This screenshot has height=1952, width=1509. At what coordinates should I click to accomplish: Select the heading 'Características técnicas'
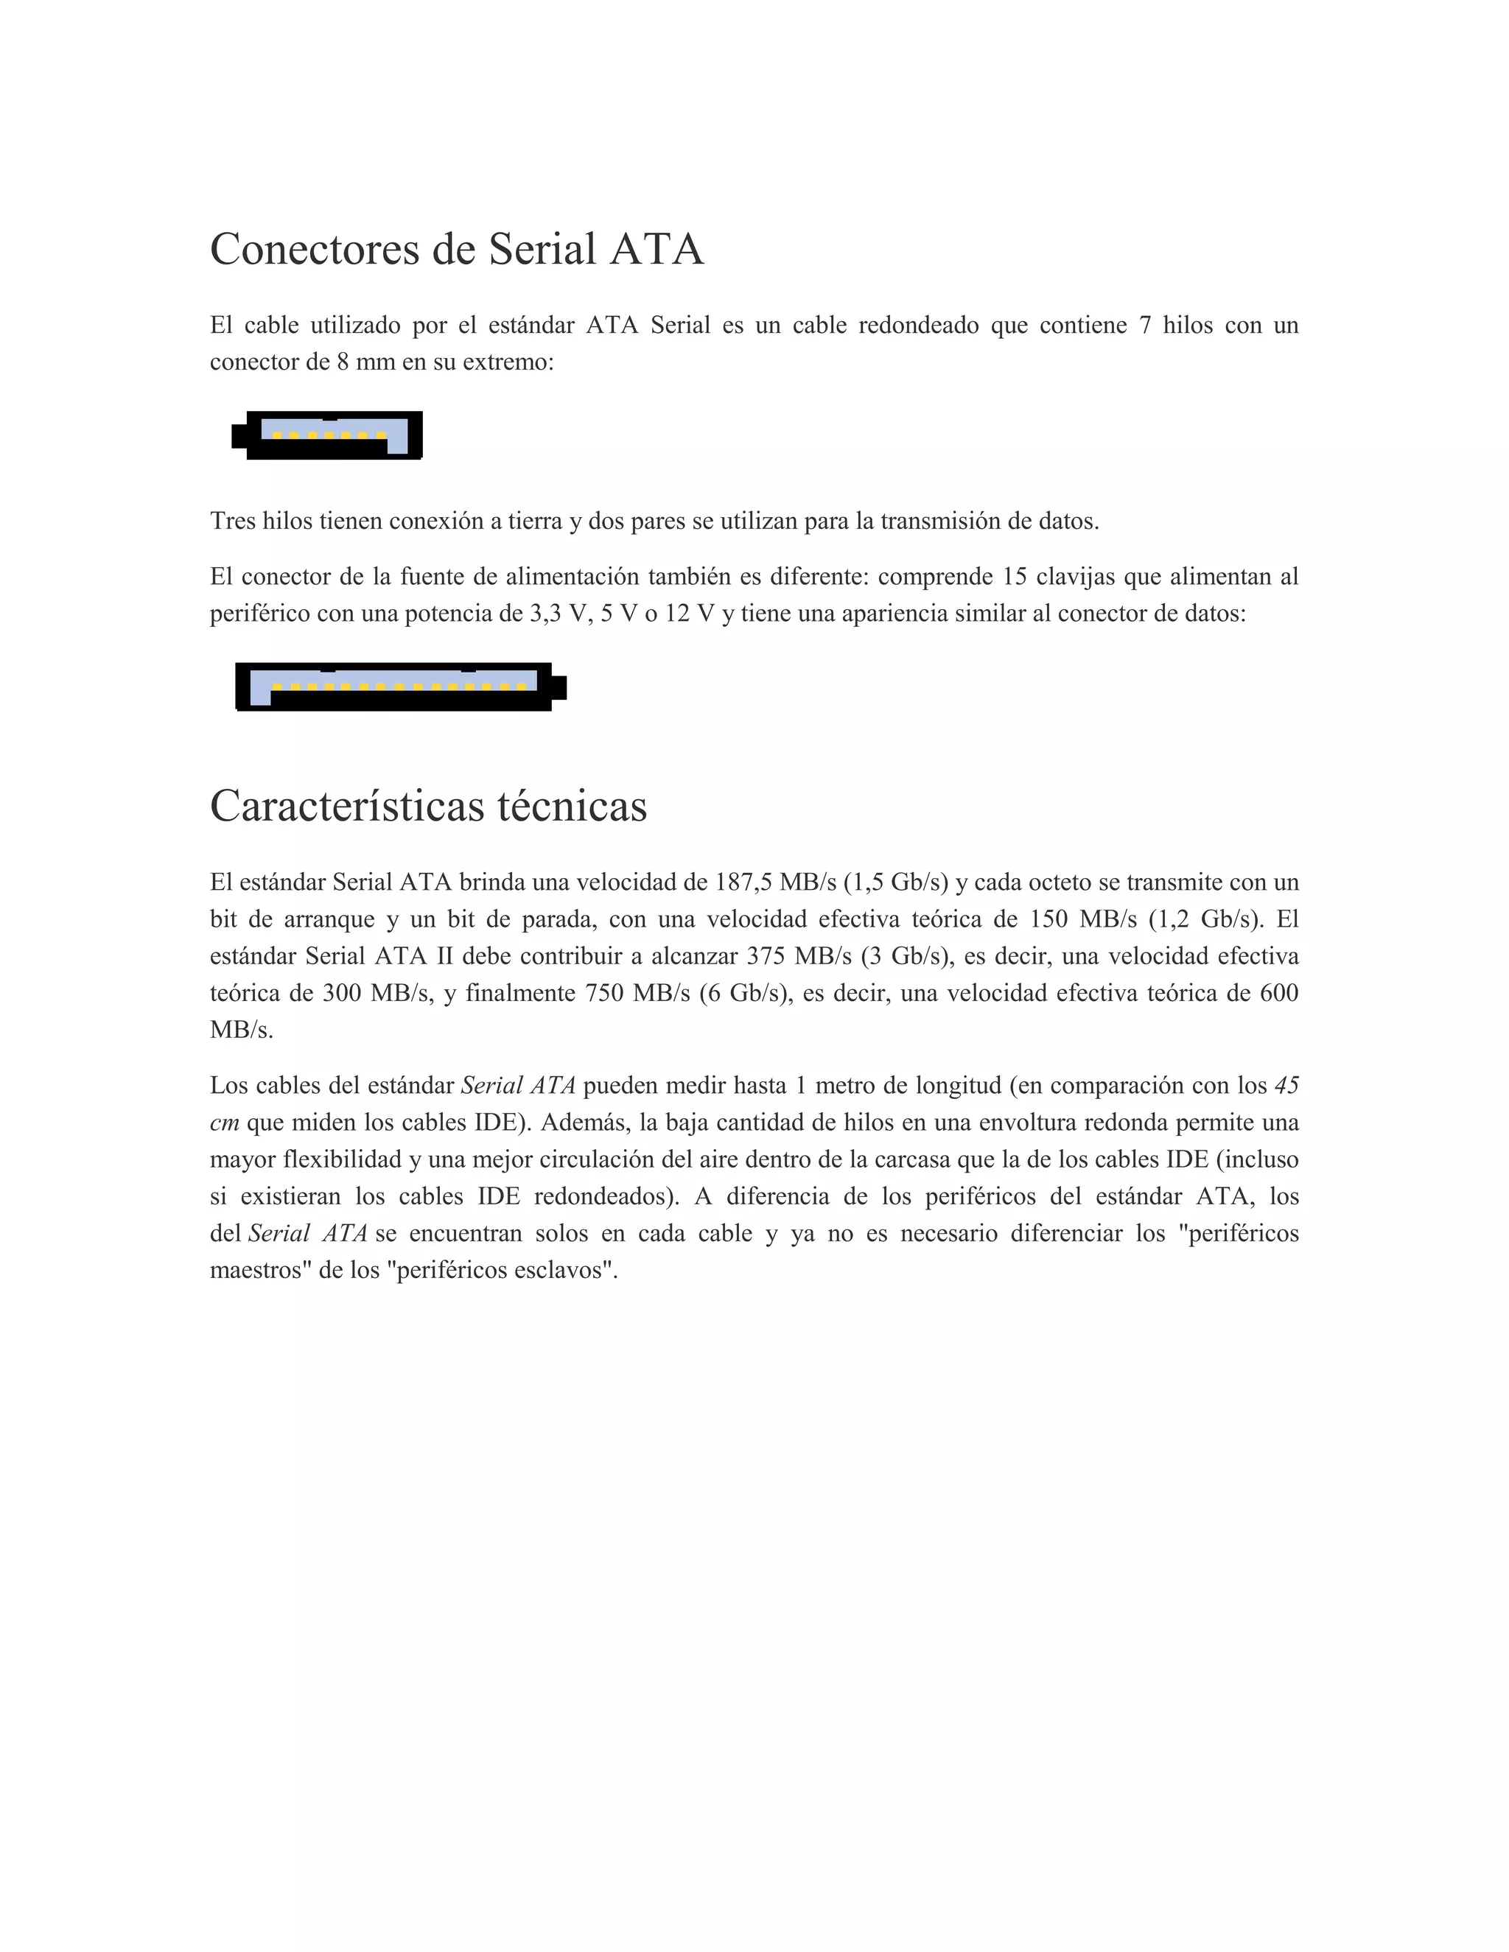[428, 806]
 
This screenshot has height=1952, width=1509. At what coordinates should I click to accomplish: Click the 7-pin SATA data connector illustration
[327, 436]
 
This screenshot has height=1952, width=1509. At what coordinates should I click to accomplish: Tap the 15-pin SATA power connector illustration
[401, 687]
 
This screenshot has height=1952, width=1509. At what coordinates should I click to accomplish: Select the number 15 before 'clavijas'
[1014, 577]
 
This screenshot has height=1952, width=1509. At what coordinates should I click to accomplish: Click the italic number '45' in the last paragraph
[1286, 1086]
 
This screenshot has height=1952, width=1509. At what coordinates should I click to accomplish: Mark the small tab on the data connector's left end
[239, 436]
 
